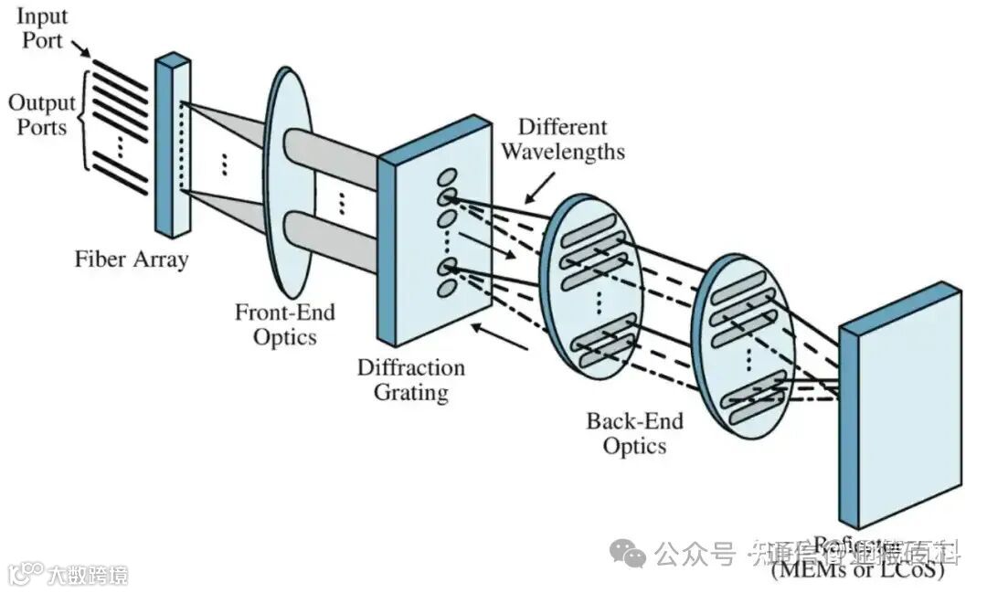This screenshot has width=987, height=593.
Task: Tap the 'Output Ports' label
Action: [38, 114]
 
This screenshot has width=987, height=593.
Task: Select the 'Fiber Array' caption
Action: [132, 259]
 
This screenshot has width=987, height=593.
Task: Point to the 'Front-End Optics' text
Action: [285, 324]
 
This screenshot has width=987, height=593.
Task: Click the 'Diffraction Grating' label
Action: [410, 380]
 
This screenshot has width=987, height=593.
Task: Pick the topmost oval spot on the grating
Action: [446, 176]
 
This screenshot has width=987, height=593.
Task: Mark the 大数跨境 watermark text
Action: [88, 575]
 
